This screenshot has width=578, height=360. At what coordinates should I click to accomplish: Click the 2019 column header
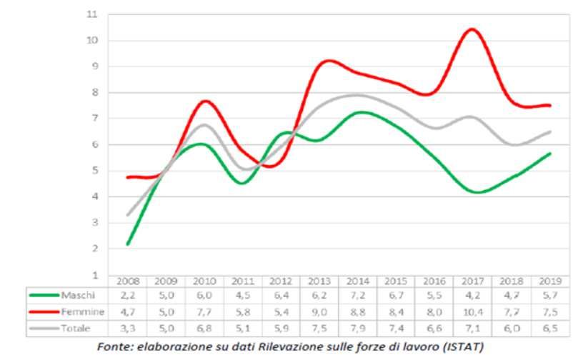(x=549, y=281)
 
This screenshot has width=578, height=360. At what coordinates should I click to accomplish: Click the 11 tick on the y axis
(x=91, y=14)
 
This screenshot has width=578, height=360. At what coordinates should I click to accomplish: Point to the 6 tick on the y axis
(x=94, y=144)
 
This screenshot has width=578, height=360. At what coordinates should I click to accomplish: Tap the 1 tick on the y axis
(x=94, y=275)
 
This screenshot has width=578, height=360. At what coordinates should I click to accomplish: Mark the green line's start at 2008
(x=127, y=244)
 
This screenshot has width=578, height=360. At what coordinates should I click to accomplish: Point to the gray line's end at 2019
(x=549, y=131)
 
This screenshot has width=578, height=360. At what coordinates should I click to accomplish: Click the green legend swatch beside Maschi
(x=44, y=295)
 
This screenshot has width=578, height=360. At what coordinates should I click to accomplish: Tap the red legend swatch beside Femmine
(x=44, y=312)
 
